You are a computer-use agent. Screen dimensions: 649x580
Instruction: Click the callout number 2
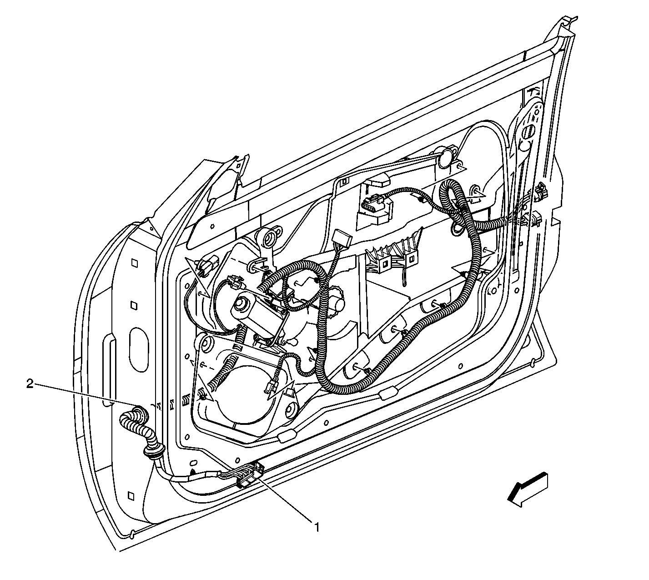point(30,383)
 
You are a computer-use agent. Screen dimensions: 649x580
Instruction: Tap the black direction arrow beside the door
point(528,489)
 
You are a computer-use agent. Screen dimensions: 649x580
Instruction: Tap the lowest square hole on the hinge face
point(131,495)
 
